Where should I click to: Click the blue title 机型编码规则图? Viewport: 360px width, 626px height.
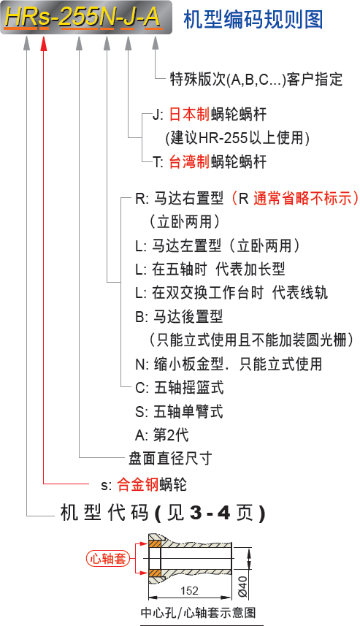click(x=253, y=20)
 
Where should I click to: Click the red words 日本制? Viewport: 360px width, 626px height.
click(x=189, y=115)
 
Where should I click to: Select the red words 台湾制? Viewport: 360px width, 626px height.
click(x=189, y=161)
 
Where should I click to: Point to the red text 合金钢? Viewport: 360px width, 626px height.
click(x=138, y=484)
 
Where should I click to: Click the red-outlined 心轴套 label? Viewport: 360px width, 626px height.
click(x=108, y=558)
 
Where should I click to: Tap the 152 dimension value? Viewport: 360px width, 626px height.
click(x=189, y=590)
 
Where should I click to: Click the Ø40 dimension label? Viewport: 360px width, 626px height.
click(x=242, y=587)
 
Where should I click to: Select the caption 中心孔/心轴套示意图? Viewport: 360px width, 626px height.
click(x=198, y=612)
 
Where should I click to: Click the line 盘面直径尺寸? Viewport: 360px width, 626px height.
click(x=170, y=458)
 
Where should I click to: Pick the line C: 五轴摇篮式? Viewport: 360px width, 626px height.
click(x=180, y=388)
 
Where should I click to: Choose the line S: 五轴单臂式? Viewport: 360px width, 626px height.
click(x=179, y=411)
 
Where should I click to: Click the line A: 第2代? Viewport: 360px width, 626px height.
click(x=162, y=435)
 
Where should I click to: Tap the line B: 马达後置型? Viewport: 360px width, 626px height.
click(x=179, y=316)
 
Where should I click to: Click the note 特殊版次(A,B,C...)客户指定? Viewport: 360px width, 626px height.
click(x=256, y=80)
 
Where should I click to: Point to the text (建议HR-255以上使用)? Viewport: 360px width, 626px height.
click(x=237, y=138)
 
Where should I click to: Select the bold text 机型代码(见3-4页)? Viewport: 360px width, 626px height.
click(x=163, y=513)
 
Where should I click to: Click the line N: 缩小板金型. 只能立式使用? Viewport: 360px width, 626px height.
click(x=229, y=364)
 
